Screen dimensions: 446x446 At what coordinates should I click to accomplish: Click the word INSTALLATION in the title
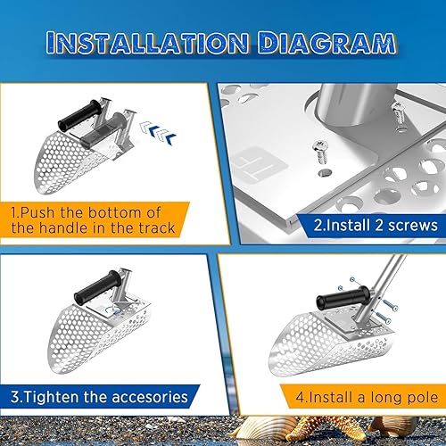pos(147,43)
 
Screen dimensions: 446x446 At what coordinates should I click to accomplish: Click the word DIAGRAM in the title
pos(326,43)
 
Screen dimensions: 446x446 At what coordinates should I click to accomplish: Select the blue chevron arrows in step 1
pos(158,131)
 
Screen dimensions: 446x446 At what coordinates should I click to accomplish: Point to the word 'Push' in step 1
pos(37,212)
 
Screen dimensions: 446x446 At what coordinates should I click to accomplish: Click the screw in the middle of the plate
pos(319,152)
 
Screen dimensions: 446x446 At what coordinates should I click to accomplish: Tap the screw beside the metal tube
pos(399,115)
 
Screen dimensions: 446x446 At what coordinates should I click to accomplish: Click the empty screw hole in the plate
pos(325,173)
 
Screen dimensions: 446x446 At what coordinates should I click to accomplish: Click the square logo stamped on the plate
pos(258,163)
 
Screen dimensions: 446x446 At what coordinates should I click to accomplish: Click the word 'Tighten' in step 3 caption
pos(51,397)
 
